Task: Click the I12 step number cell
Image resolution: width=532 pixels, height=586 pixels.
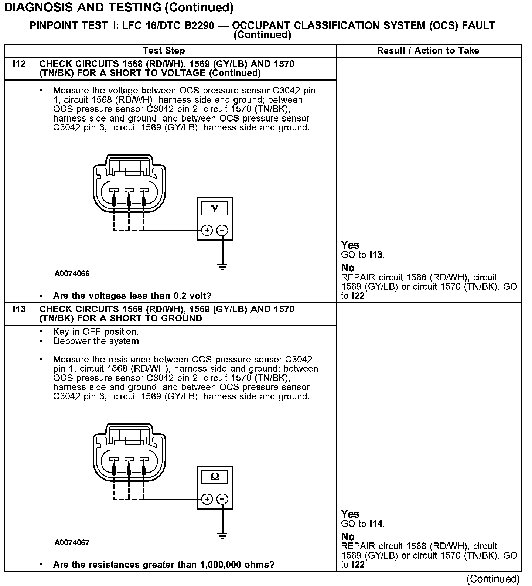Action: (19, 64)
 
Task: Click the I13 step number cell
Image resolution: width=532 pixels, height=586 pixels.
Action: (19, 309)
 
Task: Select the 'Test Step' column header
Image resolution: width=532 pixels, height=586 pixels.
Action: (164, 51)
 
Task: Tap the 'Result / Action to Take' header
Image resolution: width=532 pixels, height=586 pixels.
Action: (428, 51)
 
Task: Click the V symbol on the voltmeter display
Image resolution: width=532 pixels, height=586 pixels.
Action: (215, 208)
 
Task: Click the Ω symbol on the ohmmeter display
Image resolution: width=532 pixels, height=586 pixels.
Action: (215, 477)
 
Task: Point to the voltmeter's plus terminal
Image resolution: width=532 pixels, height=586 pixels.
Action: (207, 231)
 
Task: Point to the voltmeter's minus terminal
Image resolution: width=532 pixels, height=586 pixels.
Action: (222, 231)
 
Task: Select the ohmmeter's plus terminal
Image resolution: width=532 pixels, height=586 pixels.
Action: (207, 500)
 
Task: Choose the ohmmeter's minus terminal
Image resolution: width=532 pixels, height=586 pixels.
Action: (222, 500)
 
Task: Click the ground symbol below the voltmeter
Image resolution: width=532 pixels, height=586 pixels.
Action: (222, 267)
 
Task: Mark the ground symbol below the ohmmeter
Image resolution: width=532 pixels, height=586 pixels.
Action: (222, 536)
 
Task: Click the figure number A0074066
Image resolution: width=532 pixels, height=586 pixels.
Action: (72, 274)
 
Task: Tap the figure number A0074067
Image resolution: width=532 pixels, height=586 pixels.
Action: (72, 543)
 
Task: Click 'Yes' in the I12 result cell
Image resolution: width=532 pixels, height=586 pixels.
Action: (350, 245)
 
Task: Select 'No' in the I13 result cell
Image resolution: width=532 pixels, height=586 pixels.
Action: (348, 536)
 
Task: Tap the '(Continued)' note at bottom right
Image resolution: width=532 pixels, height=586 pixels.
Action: (493, 579)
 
